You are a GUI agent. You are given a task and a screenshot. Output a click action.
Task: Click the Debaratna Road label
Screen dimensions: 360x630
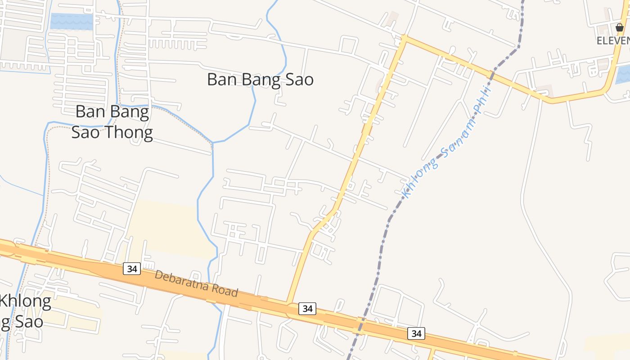(x=196, y=283)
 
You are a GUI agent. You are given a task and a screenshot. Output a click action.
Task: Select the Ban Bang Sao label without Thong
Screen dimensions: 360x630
(x=260, y=80)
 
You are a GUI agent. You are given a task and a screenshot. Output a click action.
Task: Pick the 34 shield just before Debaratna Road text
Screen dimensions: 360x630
(x=132, y=269)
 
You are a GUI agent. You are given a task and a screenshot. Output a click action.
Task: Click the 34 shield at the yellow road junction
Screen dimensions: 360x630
(x=307, y=309)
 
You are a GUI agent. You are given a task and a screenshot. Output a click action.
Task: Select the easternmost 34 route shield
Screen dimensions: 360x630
(x=416, y=333)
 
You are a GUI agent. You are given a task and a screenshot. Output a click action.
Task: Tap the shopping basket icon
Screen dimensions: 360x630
(x=620, y=27)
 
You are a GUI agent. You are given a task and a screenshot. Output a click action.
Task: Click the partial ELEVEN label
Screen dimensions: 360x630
(x=613, y=40)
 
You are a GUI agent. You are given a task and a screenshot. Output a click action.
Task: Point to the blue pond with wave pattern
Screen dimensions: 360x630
(x=72, y=21)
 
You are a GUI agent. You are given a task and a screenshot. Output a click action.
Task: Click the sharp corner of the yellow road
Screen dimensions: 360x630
(x=404, y=38)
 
